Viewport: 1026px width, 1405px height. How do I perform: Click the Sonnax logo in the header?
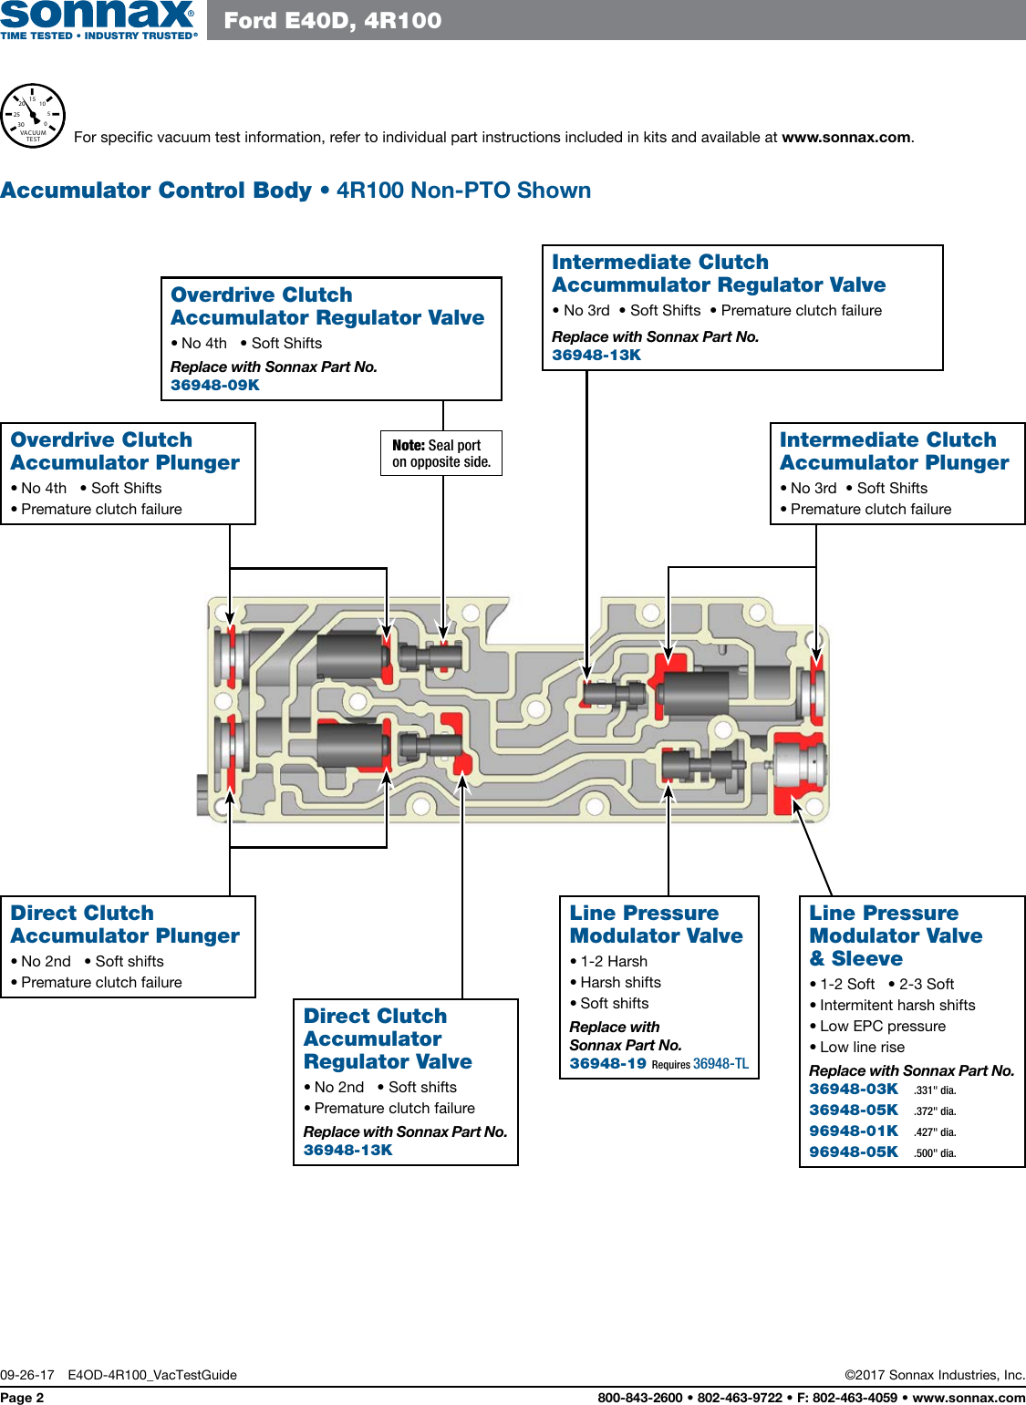[98, 19]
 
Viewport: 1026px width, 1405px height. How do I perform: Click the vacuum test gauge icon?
[33, 116]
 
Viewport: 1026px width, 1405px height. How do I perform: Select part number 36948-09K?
[215, 385]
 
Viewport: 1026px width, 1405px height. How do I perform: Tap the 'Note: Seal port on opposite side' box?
[441, 453]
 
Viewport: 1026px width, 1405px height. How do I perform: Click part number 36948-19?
[607, 1063]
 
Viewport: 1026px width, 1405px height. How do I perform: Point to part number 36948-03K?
[853, 1089]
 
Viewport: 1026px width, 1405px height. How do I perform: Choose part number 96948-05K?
[853, 1152]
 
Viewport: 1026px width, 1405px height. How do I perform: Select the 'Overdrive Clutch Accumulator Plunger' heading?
[125, 451]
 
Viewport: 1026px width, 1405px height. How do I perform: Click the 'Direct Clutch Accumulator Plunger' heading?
[125, 925]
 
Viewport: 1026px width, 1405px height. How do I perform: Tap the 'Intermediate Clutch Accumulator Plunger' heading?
[894, 451]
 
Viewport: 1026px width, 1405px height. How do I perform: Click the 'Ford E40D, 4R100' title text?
[333, 20]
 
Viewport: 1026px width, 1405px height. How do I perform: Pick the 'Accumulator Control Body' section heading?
[156, 190]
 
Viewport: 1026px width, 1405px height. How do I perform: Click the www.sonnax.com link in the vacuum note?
[845, 138]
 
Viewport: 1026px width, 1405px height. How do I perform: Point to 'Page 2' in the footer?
[22, 1398]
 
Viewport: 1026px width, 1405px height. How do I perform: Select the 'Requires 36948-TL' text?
[700, 1064]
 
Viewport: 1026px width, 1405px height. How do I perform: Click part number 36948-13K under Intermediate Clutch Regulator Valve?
[596, 355]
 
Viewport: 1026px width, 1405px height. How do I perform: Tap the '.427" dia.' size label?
[935, 1131]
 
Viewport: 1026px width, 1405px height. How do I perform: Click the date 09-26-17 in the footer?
[27, 1375]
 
